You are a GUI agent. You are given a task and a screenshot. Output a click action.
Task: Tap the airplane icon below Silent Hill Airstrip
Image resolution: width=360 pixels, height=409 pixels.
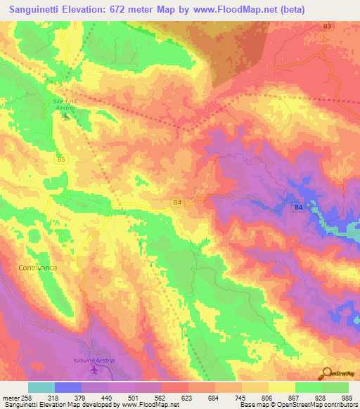coord(67,115)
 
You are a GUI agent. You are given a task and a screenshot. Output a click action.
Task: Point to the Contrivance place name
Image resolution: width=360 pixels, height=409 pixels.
coord(38,268)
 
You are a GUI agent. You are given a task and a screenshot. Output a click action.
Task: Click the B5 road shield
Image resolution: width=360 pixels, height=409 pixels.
coord(61,160)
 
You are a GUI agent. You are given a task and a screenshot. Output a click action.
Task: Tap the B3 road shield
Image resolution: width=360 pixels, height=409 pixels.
coord(326,26)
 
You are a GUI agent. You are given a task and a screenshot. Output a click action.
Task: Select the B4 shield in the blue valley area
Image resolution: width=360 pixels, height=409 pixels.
coord(298,207)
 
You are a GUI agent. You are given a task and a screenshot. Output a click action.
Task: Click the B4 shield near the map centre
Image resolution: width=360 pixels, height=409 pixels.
coord(177,202)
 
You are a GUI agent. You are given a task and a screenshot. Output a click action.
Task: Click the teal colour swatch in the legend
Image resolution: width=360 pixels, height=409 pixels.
coord(41,387)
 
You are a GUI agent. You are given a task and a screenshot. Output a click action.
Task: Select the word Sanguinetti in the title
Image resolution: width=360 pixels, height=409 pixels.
coord(36,8)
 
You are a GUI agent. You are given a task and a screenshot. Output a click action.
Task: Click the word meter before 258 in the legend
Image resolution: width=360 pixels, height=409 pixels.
coord(11,397)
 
